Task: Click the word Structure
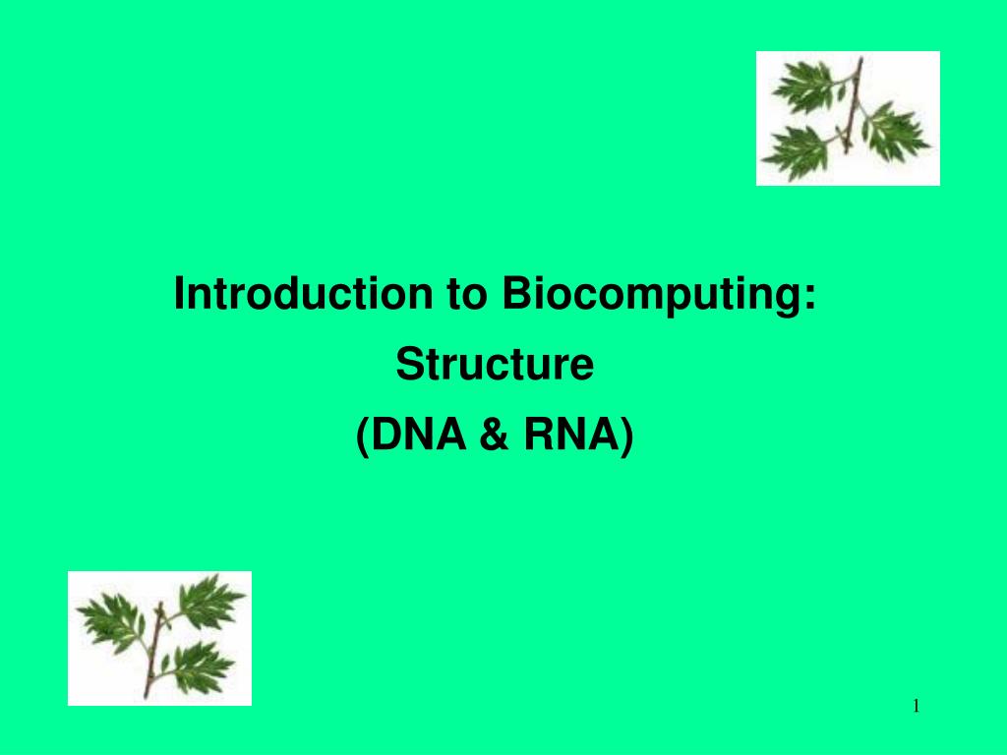(495, 366)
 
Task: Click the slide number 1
(916, 705)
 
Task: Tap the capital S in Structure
(407, 366)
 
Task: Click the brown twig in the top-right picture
(852, 108)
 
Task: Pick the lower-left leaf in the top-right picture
(797, 147)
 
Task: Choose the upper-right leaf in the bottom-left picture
(210, 599)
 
